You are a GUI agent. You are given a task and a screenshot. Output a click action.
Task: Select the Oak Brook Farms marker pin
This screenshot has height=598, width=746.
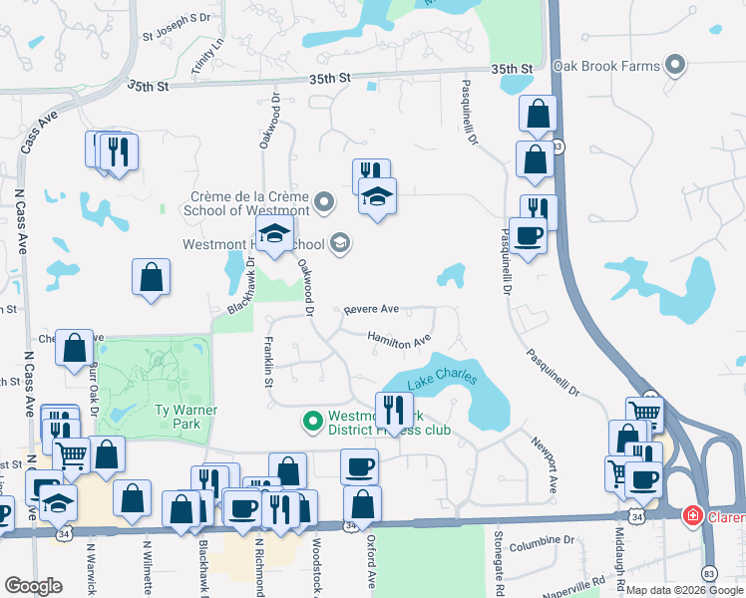click(x=676, y=66)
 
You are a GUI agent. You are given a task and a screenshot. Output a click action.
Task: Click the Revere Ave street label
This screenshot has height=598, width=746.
click(x=371, y=310)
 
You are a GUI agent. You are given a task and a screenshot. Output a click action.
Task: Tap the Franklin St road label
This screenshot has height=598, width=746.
click(x=269, y=361)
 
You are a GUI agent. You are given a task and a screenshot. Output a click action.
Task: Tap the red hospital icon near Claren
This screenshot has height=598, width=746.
click(x=691, y=515)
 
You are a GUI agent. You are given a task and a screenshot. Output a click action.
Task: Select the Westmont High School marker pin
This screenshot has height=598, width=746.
click(x=340, y=243)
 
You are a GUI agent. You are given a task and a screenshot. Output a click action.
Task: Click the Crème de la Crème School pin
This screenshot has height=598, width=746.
click(x=323, y=203)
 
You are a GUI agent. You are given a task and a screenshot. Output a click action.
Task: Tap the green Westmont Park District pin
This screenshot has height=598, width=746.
click(x=313, y=423)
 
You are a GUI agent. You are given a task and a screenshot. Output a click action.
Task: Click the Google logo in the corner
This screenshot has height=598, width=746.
click(x=33, y=587)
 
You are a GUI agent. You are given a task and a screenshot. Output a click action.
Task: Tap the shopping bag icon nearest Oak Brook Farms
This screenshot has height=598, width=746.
click(x=538, y=115)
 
